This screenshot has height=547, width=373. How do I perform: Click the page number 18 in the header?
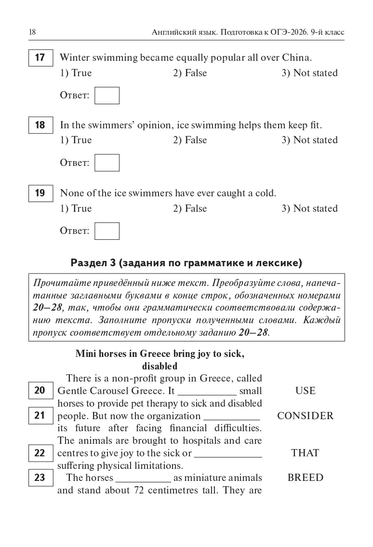[32, 32]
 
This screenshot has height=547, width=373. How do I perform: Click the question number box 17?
[40, 58]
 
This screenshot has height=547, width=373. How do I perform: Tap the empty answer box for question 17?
[107, 96]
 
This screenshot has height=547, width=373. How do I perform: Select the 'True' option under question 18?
[76, 140]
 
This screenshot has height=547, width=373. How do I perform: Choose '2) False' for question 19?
[189, 209]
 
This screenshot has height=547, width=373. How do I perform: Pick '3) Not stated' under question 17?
[309, 73]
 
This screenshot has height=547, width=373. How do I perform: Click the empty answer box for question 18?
[107, 163]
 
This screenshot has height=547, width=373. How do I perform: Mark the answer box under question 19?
[107, 231]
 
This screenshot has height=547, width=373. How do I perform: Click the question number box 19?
[40, 193]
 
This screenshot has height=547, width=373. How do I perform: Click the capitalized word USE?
[305, 391]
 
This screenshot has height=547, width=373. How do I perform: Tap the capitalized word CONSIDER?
[305, 416]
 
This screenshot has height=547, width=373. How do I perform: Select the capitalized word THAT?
[305, 453]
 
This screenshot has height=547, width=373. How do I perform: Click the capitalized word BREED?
[305, 478]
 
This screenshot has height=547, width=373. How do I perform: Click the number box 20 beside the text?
[40, 390]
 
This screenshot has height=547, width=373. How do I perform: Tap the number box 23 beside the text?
[40, 478]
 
